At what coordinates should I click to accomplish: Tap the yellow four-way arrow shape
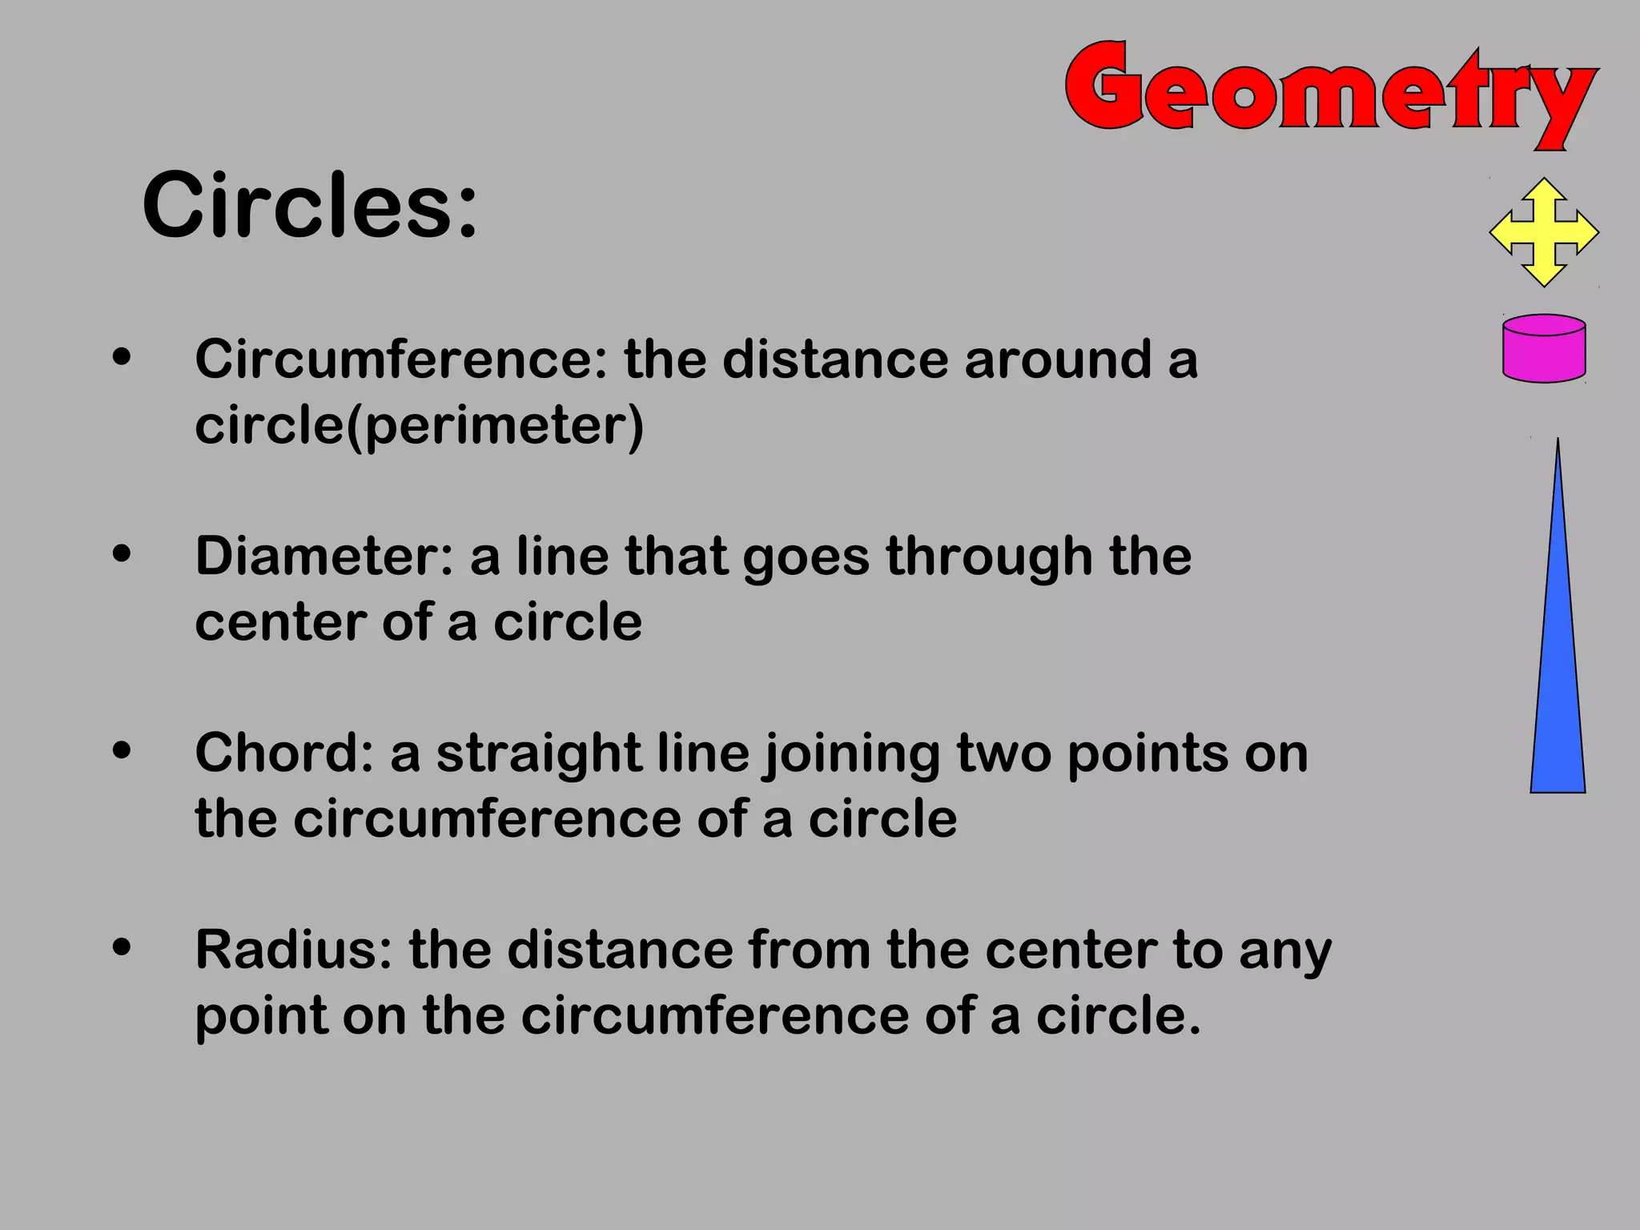pyautogui.click(x=1544, y=232)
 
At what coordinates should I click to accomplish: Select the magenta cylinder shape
pyautogui.click(x=1544, y=348)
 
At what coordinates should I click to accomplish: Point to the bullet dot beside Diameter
pyautogui.click(x=122, y=554)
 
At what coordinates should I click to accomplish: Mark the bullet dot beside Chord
pyautogui.click(x=122, y=751)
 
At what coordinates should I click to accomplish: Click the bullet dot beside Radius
pyautogui.click(x=122, y=948)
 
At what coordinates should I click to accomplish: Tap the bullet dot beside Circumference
pyautogui.click(x=122, y=357)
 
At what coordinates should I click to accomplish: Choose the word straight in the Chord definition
pyautogui.click(x=539, y=754)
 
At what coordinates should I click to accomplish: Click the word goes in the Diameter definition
pyautogui.click(x=806, y=558)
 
